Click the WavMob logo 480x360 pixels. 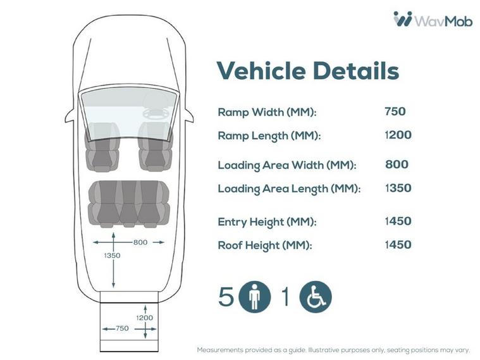pos(433,20)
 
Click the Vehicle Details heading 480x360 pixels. pos(308,71)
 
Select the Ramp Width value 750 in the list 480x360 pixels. pos(395,111)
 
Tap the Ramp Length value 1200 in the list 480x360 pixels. pos(398,135)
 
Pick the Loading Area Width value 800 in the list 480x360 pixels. pos(397,164)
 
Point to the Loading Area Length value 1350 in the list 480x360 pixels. pos(398,188)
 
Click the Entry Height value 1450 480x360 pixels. pos(398,221)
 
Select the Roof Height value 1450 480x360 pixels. pos(398,244)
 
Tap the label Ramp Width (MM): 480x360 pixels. pos(267,112)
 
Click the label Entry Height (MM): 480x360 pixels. pos(267,222)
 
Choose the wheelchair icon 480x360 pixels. pos(316,297)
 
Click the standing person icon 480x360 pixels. pos(255,297)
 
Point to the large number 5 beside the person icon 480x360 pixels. pos(226,296)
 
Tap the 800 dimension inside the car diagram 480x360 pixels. pos(140,242)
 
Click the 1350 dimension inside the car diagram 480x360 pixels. pos(112,256)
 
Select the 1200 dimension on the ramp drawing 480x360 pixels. pos(144,318)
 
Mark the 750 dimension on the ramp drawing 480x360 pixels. pos(122,328)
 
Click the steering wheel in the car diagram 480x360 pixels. pos(156,113)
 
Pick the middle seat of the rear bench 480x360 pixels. pos(128,204)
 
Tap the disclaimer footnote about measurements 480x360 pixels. pos(333,350)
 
